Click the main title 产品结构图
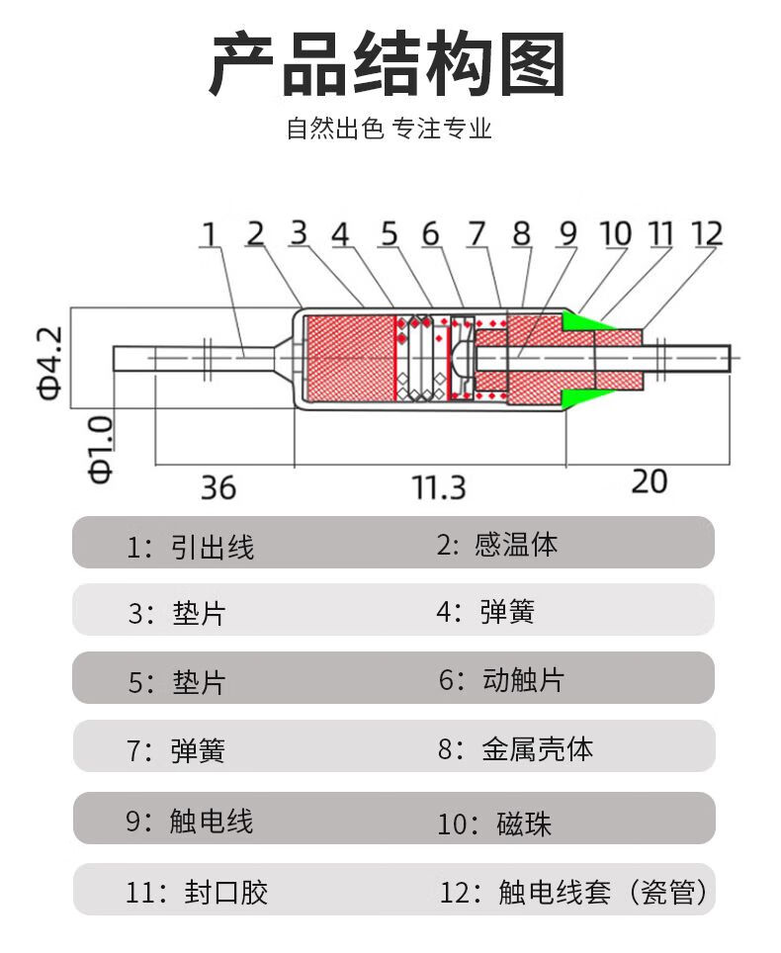coord(388,65)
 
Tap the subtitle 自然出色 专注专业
coord(389,130)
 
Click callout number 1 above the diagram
coord(209,234)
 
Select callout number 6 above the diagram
coord(430,234)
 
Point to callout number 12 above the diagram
coord(707,233)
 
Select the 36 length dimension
coord(218,486)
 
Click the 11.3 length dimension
coord(439,486)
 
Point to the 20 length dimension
coord(649,481)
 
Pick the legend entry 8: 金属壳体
coord(515,748)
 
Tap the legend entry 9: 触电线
coord(189,821)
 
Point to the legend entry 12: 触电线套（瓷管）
coord(573,893)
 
